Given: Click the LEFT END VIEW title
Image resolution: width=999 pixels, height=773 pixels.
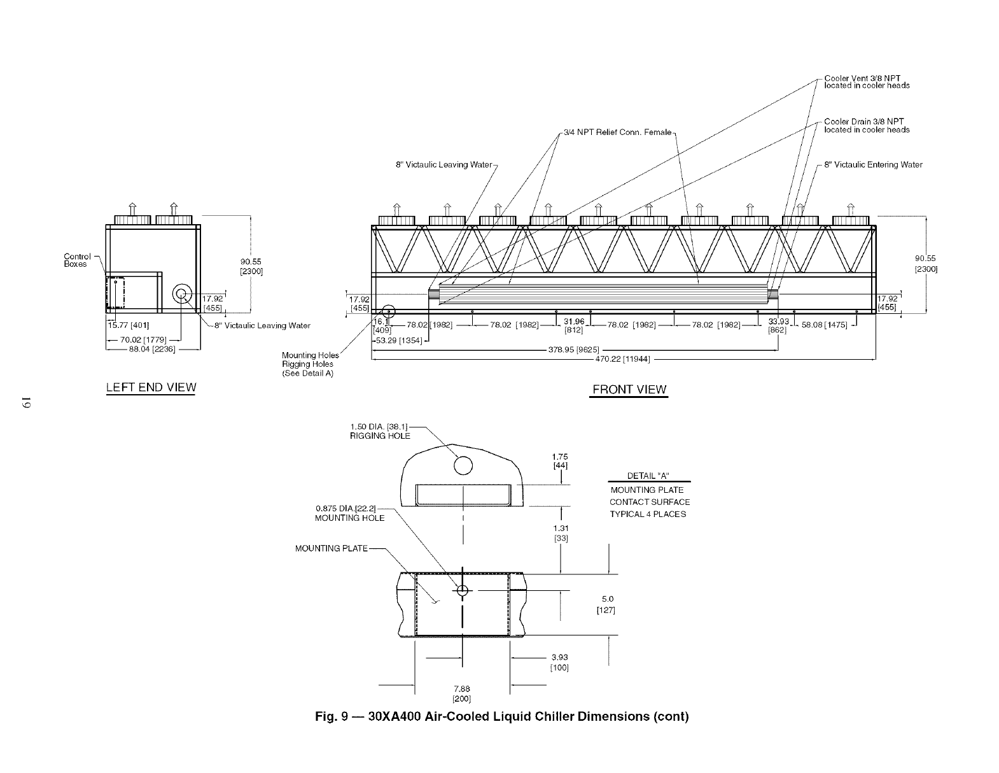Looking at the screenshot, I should pyautogui.click(x=151, y=387).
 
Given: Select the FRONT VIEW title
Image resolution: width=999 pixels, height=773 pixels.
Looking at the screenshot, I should pyautogui.click(x=629, y=390).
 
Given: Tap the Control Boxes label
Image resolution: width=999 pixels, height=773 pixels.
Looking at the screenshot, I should pyautogui.click(x=76, y=260).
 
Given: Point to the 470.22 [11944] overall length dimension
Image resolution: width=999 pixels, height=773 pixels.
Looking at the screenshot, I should pyautogui.click(x=622, y=359).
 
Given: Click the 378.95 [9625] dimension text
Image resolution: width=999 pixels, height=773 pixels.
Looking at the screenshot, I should pyautogui.click(x=575, y=350).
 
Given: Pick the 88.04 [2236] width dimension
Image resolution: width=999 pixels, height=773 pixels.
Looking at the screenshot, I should pyautogui.click(x=148, y=349).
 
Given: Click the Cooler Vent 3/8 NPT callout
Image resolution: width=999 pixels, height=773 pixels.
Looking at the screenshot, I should pyautogui.click(x=866, y=82).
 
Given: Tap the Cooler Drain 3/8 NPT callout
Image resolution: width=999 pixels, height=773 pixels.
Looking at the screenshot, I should pyautogui.click(x=866, y=125).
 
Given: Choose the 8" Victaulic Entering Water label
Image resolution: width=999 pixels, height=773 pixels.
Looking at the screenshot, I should pyautogui.click(x=873, y=165).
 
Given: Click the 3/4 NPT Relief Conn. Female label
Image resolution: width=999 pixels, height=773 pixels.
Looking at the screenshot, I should pyautogui.click(x=617, y=132).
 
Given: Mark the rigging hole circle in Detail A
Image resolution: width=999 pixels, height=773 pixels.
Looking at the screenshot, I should pyautogui.click(x=464, y=465).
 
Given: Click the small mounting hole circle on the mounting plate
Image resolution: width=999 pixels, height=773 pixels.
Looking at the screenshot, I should pyautogui.click(x=462, y=591).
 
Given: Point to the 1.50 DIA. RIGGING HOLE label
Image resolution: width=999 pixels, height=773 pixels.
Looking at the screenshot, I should pyautogui.click(x=380, y=432).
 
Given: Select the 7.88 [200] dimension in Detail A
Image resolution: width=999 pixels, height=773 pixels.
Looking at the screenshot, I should pyautogui.click(x=462, y=693).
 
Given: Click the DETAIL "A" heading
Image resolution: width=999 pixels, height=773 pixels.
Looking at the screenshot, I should pyautogui.click(x=648, y=476).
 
